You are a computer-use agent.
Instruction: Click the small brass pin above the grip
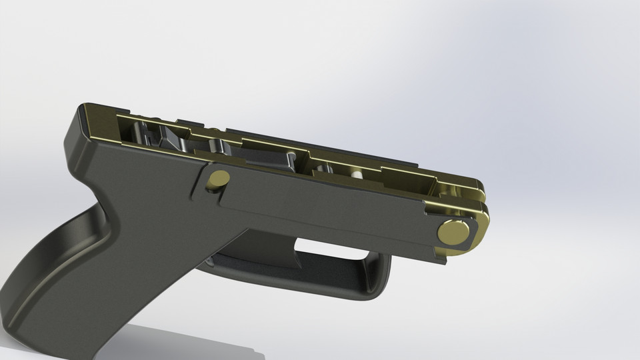218,179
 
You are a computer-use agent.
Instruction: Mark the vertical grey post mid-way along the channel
291,160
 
